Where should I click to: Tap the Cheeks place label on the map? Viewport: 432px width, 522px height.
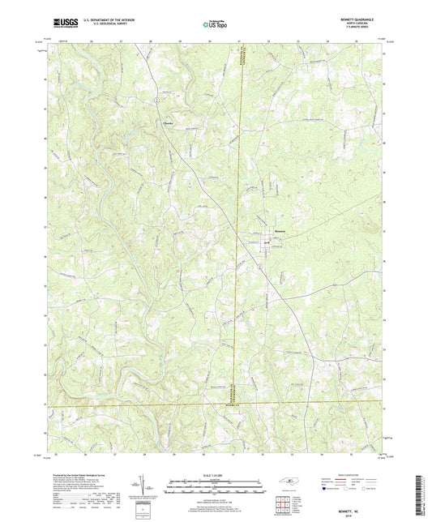coord(168,124)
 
